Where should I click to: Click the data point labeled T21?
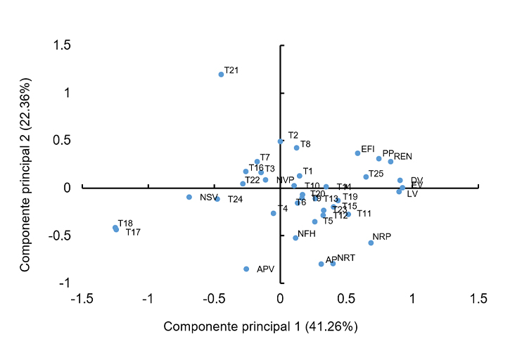click(x=221, y=74)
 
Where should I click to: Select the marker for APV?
click(x=246, y=269)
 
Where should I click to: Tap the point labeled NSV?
click(x=189, y=197)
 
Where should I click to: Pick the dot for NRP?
click(x=371, y=243)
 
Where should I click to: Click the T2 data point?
click(x=281, y=141)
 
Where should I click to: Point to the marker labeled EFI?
click(x=357, y=153)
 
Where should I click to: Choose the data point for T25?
click(x=366, y=176)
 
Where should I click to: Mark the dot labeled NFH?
click(x=295, y=238)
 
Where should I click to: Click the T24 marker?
click(x=217, y=199)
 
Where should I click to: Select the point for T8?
click(x=297, y=148)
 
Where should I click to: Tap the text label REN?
click(x=402, y=156)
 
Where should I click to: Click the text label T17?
click(x=133, y=232)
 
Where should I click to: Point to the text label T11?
click(x=364, y=214)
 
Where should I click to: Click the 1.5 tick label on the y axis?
click(x=62, y=45)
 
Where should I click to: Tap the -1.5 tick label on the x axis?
click(x=83, y=300)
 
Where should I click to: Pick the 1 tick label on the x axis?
click(x=412, y=300)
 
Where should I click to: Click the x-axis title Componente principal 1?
click(x=261, y=327)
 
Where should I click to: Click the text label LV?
click(x=412, y=193)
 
